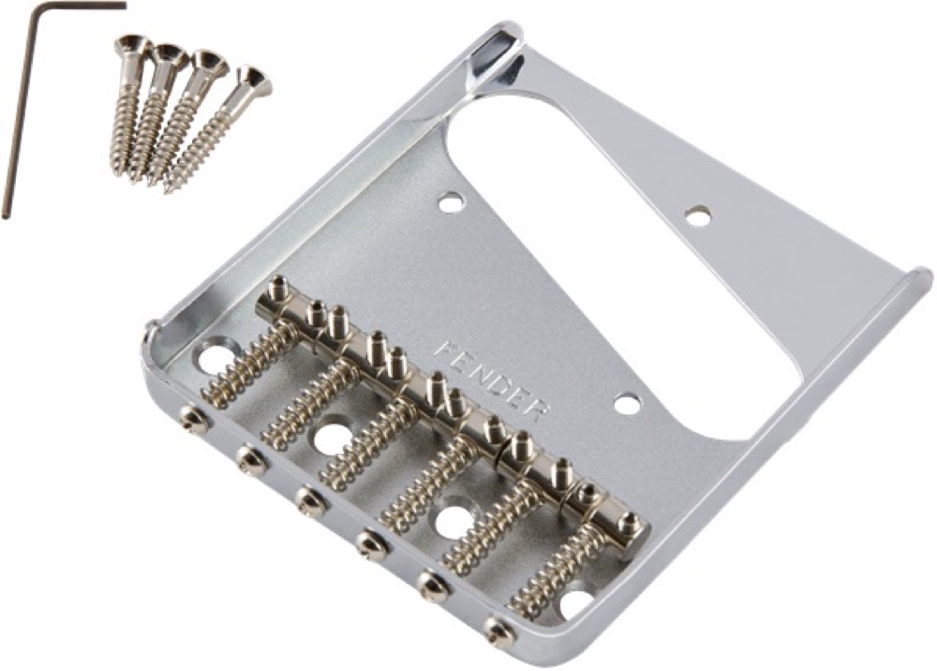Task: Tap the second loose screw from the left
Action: click(155, 108)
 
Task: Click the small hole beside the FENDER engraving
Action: click(628, 404)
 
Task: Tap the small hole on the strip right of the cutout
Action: click(696, 216)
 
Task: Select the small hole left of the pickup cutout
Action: click(452, 200)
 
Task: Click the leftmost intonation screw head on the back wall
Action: click(194, 421)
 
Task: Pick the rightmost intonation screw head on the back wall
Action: click(497, 632)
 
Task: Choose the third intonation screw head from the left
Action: click(310, 501)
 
